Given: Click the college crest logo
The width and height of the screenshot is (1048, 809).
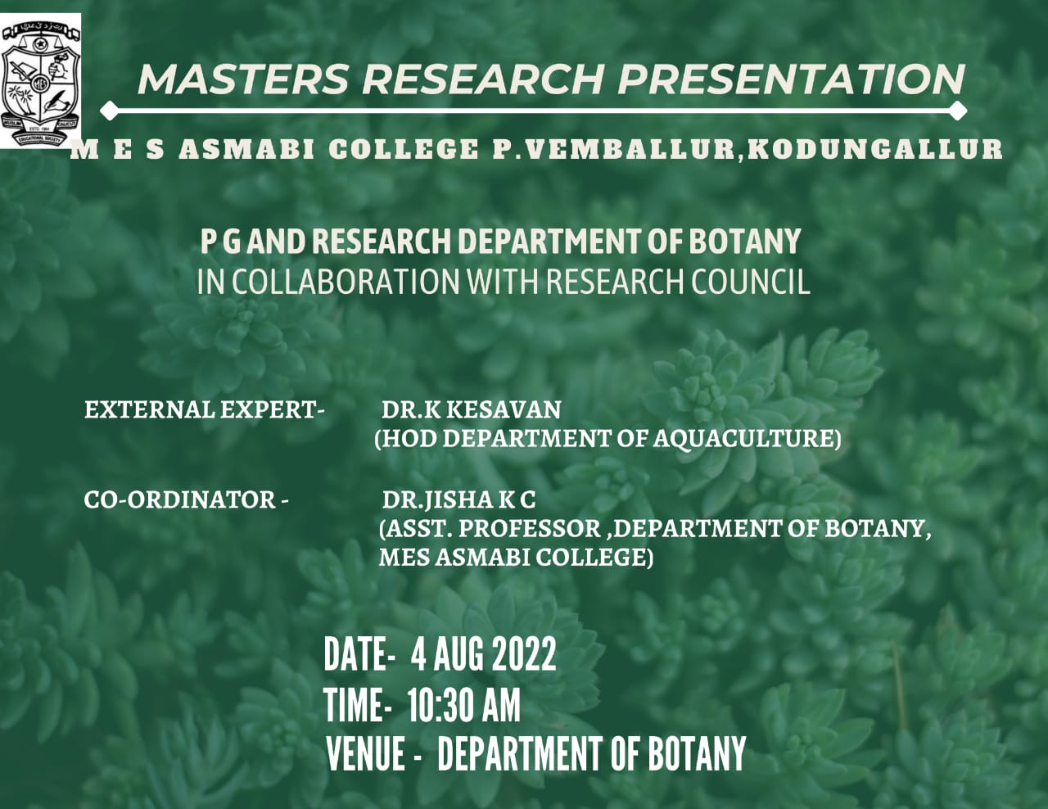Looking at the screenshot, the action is tap(40, 80).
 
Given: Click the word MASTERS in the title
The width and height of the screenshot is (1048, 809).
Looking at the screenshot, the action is tap(242, 79).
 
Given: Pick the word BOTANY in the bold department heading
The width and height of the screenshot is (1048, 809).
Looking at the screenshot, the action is tap(744, 242).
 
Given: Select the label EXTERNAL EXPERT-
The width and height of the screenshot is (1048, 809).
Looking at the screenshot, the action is tap(205, 409).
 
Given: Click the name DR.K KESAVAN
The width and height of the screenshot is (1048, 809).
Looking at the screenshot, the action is tap(471, 409).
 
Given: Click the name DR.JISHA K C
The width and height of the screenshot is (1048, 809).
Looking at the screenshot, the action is tap(458, 500).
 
